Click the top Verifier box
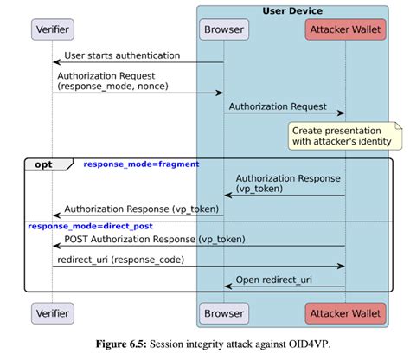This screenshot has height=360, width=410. coord(52,29)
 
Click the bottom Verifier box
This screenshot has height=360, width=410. coord(52,312)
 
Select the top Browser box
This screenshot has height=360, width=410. coord(223,29)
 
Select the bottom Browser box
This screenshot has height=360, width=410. coord(223,312)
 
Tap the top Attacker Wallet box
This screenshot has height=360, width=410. coord(345,29)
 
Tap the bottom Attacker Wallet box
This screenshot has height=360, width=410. coord(345,312)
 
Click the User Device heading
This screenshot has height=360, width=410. coord(294,10)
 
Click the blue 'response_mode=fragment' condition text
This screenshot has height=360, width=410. coord(141,164)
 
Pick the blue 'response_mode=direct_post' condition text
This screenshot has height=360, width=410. coord(83,226)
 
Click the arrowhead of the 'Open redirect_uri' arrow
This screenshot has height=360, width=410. coord(228,286)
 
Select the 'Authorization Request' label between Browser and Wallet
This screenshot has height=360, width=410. coord(277,106)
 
